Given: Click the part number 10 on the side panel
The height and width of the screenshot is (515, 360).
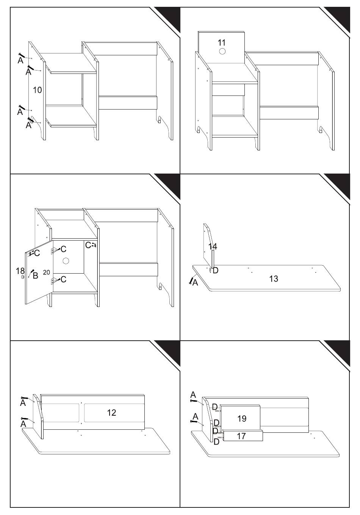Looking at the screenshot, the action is (x=37, y=90).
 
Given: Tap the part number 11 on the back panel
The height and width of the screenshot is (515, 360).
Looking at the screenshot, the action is (x=222, y=42).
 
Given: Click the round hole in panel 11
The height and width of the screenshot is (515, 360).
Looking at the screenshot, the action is (x=222, y=51).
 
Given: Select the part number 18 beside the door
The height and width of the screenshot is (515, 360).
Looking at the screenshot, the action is (x=20, y=271).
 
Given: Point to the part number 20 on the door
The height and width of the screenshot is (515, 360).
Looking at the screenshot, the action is (x=47, y=272).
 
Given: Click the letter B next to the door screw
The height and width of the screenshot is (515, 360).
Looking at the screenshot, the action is (x=35, y=276).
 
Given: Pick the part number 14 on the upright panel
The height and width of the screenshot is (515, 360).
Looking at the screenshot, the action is (x=213, y=246).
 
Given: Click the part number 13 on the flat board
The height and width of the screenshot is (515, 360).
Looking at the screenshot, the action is (x=274, y=279).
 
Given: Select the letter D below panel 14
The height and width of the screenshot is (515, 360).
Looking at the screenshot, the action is (x=215, y=270).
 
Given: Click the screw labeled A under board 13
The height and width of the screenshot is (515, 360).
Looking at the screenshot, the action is (x=191, y=280).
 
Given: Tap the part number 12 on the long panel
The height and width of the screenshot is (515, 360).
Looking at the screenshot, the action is (x=111, y=413).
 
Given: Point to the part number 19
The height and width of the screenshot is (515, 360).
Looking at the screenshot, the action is (x=242, y=418).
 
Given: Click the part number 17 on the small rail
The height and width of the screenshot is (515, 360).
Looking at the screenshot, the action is (x=241, y=436).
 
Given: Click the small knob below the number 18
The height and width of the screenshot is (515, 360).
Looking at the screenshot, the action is (x=22, y=277).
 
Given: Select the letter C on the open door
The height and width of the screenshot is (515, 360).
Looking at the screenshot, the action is (x=37, y=253).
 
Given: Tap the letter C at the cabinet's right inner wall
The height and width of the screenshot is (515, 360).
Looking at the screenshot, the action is (x=88, y=245).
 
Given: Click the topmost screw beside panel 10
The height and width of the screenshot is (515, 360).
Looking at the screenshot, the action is (x=21, y=55).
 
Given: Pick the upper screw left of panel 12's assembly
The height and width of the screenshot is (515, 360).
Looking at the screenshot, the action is (x=25, y=398).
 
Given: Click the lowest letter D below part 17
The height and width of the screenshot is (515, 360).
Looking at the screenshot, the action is (x=216, y=442).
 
